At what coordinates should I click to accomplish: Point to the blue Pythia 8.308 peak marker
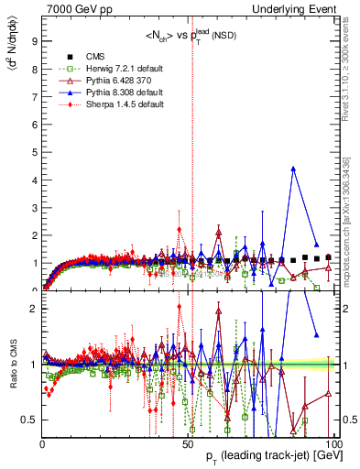tap(293, 169)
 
